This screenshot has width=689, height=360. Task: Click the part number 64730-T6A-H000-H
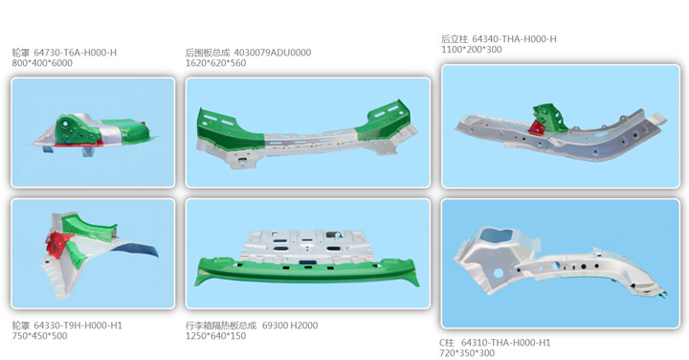point(76,53)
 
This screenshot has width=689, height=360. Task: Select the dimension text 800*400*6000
point(42,63)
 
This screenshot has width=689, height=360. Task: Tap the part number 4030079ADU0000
point(273,53)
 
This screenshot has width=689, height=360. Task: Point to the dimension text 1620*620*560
point(215,63)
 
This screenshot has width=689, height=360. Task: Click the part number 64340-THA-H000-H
point(514,39)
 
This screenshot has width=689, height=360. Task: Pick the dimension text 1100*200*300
point(472,50)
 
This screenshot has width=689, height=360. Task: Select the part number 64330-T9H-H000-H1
point(78,326)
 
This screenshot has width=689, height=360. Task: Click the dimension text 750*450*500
point(39,336)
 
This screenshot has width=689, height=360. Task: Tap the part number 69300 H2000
point(290,326)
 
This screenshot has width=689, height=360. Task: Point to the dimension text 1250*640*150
point(215,336)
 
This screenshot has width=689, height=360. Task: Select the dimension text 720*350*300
point(467,353)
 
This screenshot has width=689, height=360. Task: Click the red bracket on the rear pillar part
point(537,127)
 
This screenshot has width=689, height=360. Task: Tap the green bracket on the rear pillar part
point(550,116)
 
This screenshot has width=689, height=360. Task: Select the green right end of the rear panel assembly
point(385,120)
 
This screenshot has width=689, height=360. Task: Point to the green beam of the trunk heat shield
point(307,272)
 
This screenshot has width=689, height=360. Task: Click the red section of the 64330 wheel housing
point(58,244)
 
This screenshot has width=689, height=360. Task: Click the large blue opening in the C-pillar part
point(497,235)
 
